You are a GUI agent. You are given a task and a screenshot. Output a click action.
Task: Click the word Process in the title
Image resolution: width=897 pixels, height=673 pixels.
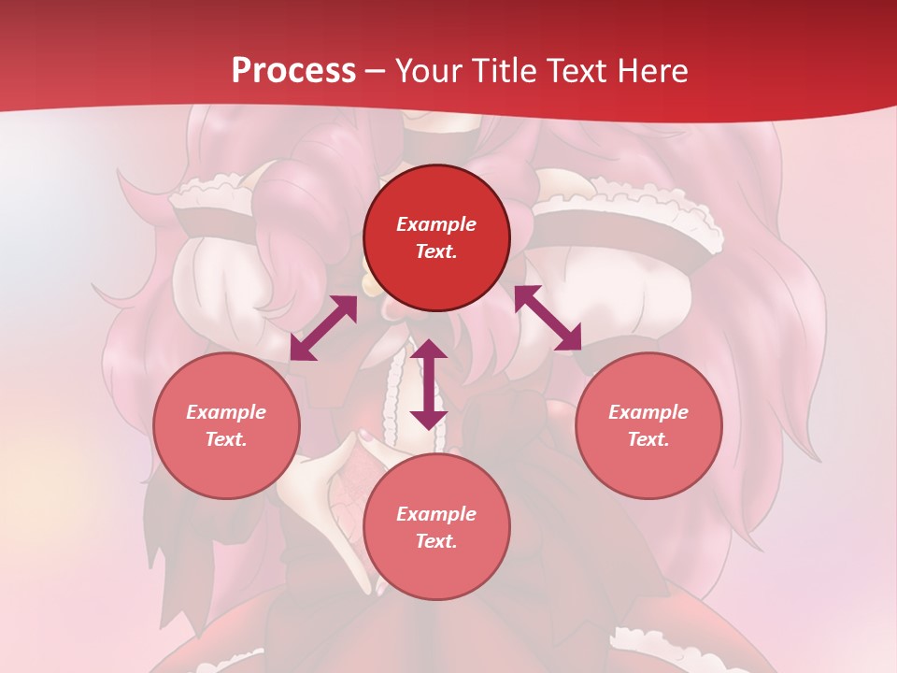click(x=293, y=71)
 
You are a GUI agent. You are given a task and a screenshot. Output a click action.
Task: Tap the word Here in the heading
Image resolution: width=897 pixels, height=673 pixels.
click(x=648, y=71)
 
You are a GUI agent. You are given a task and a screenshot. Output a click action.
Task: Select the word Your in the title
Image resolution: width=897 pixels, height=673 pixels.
click(x=431, y=71)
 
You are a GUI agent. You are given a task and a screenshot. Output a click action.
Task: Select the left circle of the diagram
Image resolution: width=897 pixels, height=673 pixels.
click(x=226, y=426)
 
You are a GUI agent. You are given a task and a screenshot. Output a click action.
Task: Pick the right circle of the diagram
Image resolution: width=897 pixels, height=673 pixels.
click(x=648, y=426)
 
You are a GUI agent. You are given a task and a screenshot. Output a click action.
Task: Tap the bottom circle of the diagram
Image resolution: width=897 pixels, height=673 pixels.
click(x=436, y=527)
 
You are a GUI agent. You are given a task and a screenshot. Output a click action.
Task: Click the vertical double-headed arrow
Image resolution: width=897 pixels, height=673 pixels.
click(x=429, y=384)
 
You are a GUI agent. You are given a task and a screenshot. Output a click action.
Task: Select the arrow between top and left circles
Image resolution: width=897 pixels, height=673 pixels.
click(x=323, y=328)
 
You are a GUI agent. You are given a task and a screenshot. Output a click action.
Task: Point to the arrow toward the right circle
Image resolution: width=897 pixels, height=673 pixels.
click(x=548, y=318)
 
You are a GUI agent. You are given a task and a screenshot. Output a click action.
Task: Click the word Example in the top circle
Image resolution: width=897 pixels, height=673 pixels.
click(x=436, y=224)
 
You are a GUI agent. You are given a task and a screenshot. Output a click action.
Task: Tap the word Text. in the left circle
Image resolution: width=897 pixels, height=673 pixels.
click(x=226, y=440)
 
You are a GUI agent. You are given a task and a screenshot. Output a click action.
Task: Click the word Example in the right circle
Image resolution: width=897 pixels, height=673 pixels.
click(x=648, y=412)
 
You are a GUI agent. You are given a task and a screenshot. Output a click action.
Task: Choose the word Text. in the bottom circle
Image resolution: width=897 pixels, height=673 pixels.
click(x=436, y=542)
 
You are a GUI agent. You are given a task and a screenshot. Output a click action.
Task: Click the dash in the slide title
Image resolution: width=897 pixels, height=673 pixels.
click(x=376, y=72)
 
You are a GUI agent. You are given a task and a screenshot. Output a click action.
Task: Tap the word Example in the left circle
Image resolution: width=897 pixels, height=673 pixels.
click(x=226, y=412)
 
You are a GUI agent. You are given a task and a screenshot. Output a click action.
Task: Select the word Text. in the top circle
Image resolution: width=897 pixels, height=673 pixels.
click(x=436, y=252)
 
